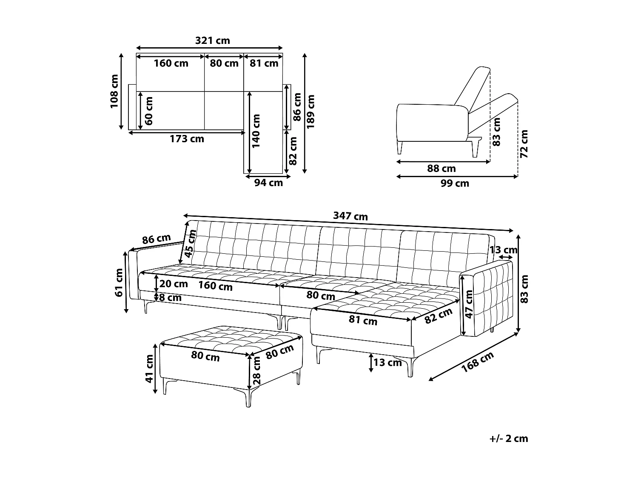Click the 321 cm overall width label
coord(212,40)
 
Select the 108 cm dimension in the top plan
coord(114,91)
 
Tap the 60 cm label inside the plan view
coord(149,111)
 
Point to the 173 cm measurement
coord(187,139)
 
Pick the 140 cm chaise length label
coord(256,131)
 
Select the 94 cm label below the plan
coord(268,183)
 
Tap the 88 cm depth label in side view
coord(441,169)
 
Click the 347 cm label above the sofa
coord(350,216)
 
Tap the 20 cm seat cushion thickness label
coord(174,284)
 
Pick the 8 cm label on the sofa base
coord(170,298)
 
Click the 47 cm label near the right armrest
coord(469,304)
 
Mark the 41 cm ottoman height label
coord(149,368)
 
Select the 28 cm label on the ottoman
coord(256,370)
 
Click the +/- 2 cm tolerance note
coord(508,439)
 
